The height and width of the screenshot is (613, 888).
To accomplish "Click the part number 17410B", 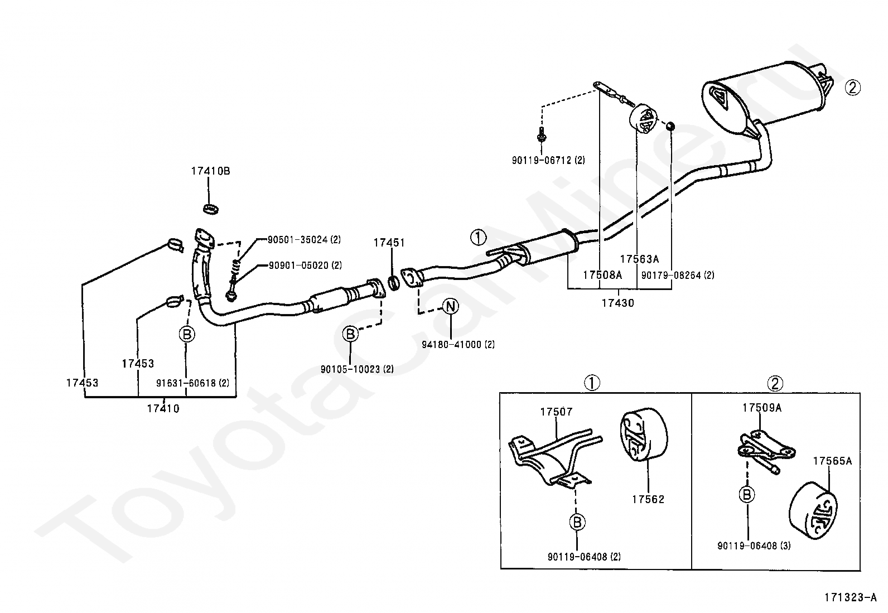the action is pos(210,171).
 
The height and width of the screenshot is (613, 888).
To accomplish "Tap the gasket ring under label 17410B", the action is pos(211,209).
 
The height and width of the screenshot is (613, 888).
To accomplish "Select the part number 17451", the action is pos(389,242).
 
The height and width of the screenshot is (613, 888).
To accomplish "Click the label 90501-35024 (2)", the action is pos(304,239).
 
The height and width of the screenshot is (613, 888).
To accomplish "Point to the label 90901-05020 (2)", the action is pos(305,266).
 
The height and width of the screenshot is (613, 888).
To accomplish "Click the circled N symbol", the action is pos(450,307).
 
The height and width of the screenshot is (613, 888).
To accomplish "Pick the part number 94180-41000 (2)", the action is pos(459,345).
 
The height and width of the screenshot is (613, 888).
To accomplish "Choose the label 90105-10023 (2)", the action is pos(357,369).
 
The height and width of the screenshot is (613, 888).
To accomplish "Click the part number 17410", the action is pos(163,408).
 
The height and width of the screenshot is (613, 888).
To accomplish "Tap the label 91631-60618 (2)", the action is pos(192,383).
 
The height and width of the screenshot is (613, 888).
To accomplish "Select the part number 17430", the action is pos(617,303).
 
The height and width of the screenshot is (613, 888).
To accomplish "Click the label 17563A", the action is pos(639,259).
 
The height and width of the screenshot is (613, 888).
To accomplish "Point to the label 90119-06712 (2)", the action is pos(548,160).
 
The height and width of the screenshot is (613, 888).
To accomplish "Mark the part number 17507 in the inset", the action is pos(556,412).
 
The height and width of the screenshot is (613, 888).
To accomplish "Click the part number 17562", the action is pos(648,499).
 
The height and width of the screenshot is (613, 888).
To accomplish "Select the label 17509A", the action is pos(762,408).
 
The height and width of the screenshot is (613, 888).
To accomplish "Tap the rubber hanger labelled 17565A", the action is pos(813,511).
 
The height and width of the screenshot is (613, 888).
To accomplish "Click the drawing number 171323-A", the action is pos(850,597).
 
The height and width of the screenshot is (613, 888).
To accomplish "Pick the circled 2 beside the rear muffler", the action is pos(853,87).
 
